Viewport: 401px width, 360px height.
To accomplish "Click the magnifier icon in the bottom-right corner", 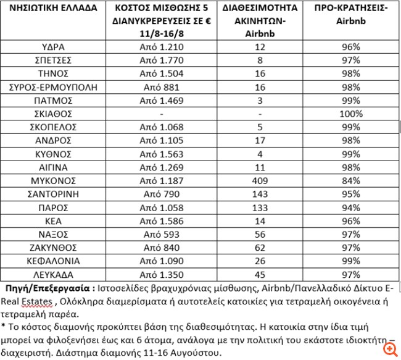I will pos(389,349).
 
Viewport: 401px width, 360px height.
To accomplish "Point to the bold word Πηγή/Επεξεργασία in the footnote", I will pos(42,288).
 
